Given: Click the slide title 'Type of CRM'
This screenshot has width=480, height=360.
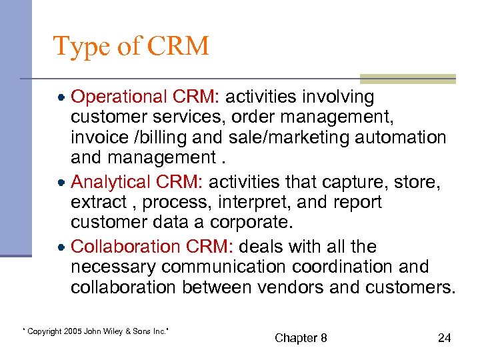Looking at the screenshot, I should click(x=131, y=46).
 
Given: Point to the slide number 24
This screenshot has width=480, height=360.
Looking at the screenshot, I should click(x=444, y=338).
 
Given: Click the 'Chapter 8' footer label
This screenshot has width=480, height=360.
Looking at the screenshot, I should click(x=301, y=338).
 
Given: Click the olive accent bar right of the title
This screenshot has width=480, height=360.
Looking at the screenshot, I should click(x=407, y=79).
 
